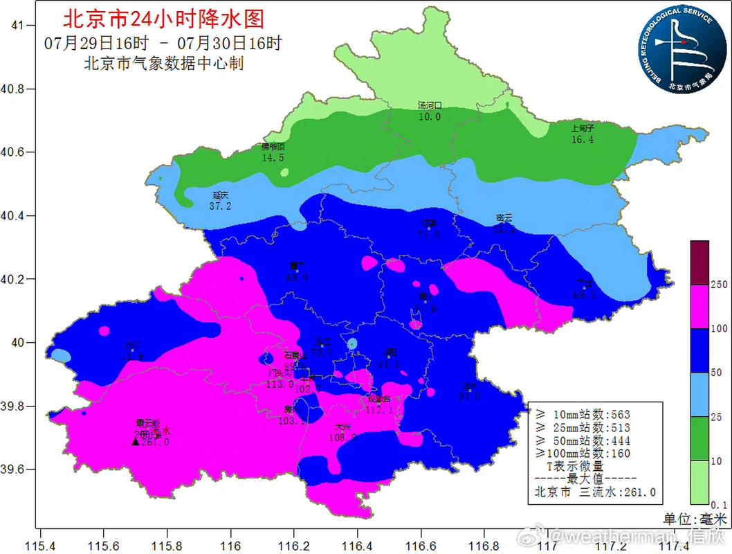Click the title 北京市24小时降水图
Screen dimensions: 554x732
(x=163, y=19)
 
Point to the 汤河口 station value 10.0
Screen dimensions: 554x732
(x=429, y=117)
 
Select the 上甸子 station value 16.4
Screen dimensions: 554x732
(x=583, y=139)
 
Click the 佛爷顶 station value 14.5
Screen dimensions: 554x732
(x=273, y=158)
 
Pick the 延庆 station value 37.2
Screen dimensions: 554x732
(x=220, y=206)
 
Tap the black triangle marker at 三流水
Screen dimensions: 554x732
(x=136, y=441)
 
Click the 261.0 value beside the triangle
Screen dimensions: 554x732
(x=155, y=442)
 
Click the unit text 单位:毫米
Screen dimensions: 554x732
(x=696, y=518)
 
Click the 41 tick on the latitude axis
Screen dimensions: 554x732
(x=19, y=26)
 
